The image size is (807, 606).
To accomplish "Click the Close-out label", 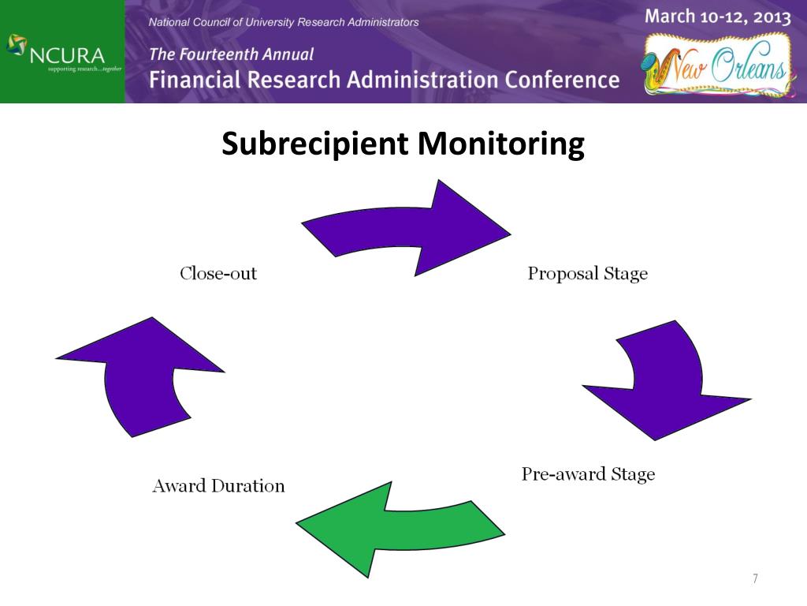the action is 218,274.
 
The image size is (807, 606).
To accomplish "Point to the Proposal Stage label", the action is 587,274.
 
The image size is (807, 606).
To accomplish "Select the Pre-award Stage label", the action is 588,474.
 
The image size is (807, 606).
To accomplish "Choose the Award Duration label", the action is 218,485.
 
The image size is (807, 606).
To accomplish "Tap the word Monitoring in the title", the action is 500,144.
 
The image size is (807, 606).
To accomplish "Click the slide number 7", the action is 754,579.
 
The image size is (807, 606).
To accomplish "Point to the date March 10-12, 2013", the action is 717,17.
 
